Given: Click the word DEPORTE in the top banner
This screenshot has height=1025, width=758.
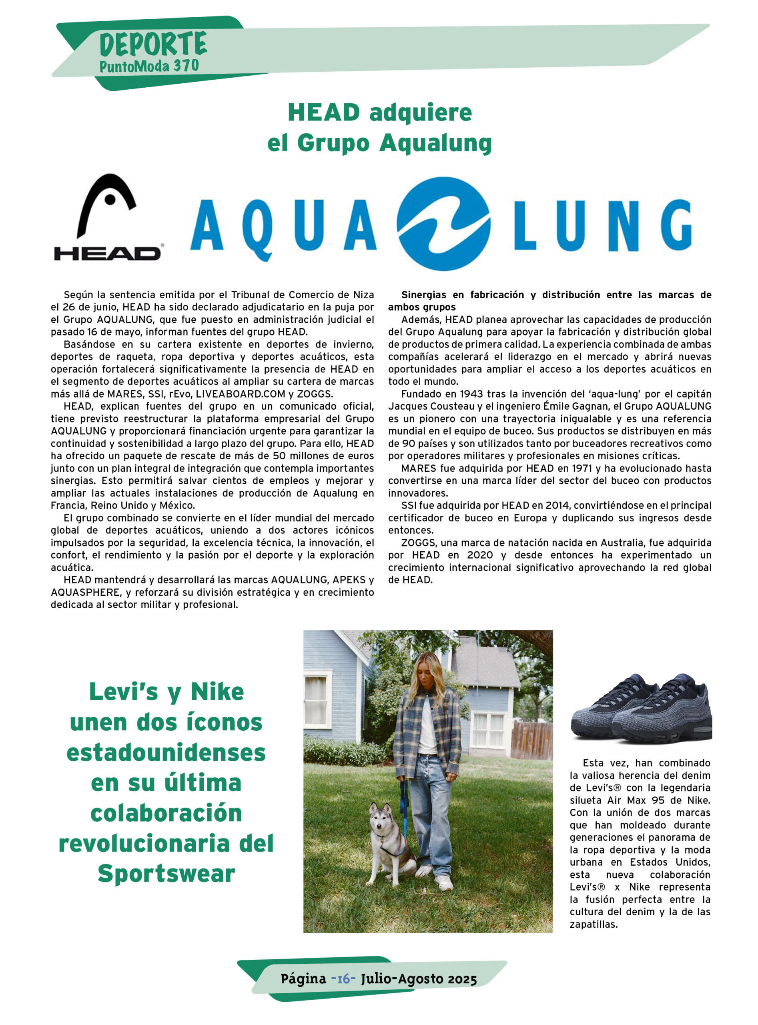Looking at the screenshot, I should click(153, 44).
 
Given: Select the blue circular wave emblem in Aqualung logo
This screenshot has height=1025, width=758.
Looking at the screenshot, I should click(444, 223).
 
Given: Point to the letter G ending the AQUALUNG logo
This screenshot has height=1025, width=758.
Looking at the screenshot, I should click(676, 225).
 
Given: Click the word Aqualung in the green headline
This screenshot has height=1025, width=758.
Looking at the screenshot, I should click(435, 143).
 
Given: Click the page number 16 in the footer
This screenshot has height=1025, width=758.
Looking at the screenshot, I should click(343, 979).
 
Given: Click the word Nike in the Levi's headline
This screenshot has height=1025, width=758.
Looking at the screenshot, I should click(217, 692).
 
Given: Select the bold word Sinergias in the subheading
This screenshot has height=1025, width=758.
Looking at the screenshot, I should click(423, 295).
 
